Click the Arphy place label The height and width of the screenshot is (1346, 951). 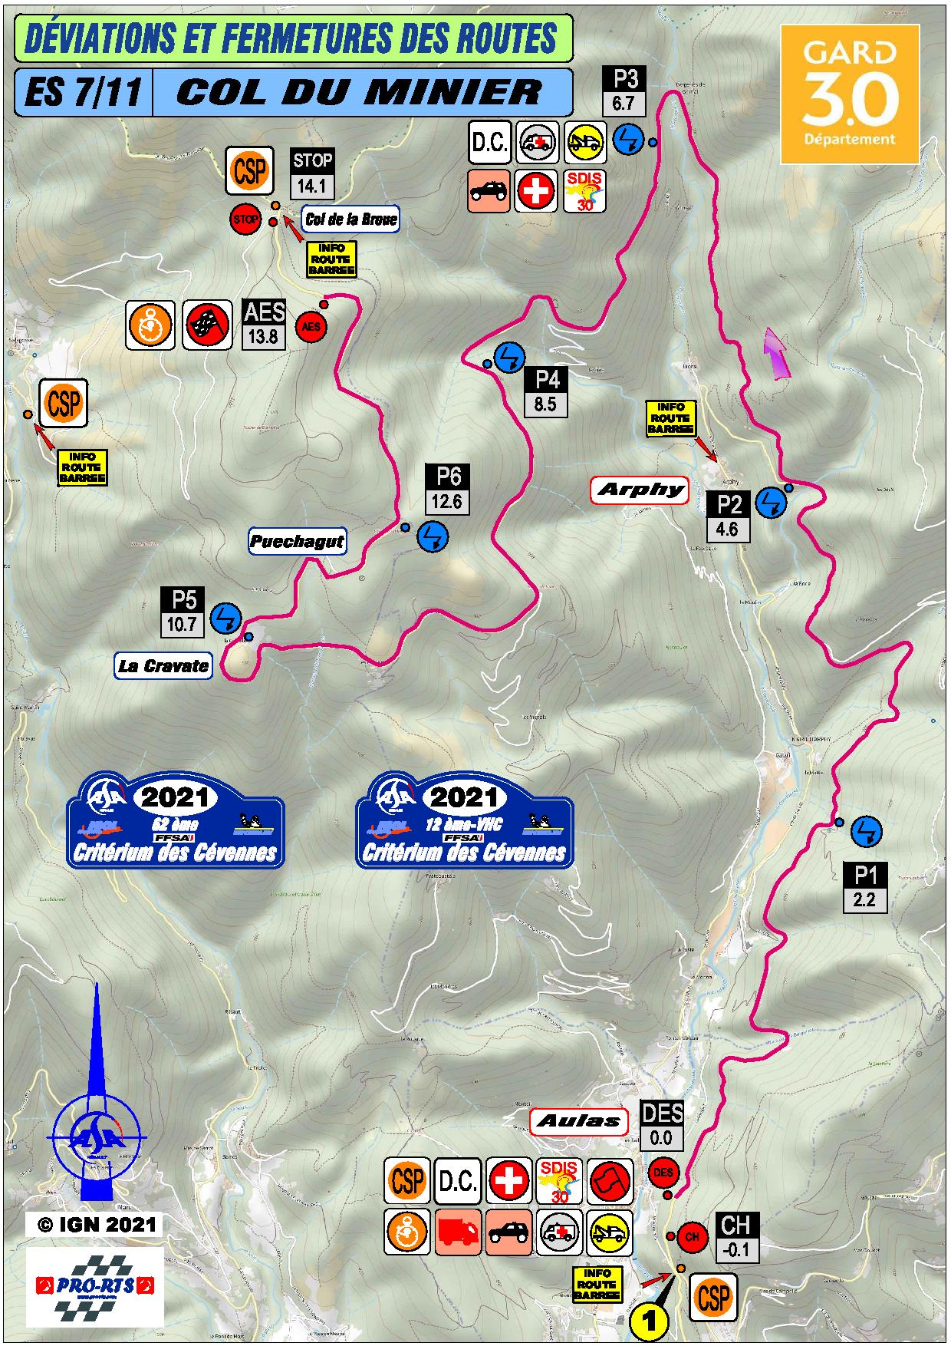[640, 490]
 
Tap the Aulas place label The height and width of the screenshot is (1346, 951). [578, 1121]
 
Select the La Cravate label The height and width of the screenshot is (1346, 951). [163, 665]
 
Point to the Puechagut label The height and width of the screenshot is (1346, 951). [297, 542]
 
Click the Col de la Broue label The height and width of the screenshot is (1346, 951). [350, 219]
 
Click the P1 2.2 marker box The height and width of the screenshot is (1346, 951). [864, 888]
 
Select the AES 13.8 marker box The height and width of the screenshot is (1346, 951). [263, 324]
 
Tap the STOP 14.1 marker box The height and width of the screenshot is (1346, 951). [312, 173]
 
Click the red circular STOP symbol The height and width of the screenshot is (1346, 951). [245, 219]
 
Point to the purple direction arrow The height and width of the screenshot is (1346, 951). [777, 353]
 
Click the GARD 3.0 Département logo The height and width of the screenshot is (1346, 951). [849, 94]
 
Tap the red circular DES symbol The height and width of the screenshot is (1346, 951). [663, 1173]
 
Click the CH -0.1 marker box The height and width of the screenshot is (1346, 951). [736, 1238]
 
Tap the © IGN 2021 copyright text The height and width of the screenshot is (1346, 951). [95, 1225]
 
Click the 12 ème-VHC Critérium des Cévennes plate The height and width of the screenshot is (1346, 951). [465, 821]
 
